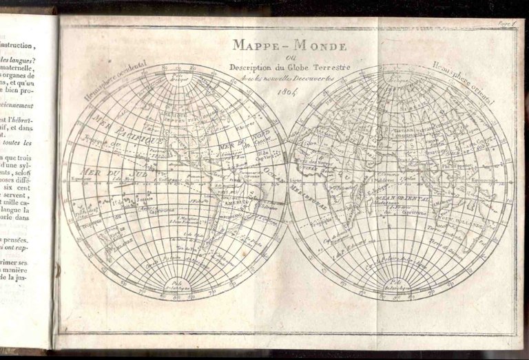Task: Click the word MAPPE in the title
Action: pyautogui.click(x=255, y=45)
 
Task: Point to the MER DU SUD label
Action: pyautogui.click(x=103, y=171)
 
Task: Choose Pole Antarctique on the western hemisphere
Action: pyautogui.click(x=176, y=285)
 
